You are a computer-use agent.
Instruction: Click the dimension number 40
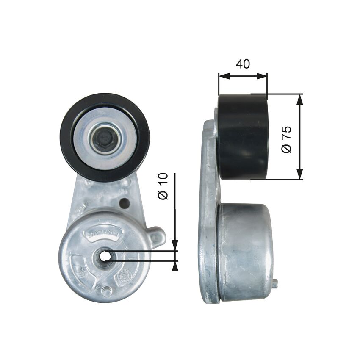point(243,64)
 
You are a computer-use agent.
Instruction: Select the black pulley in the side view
point(243,137)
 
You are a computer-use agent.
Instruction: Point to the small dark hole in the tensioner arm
point(124,203)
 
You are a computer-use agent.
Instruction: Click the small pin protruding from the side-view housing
point(275,284)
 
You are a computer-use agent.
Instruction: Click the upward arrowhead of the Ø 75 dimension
point(300,99)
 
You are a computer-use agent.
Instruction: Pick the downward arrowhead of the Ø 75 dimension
point(300,174)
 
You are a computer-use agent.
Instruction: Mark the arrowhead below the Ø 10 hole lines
point(174,265)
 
